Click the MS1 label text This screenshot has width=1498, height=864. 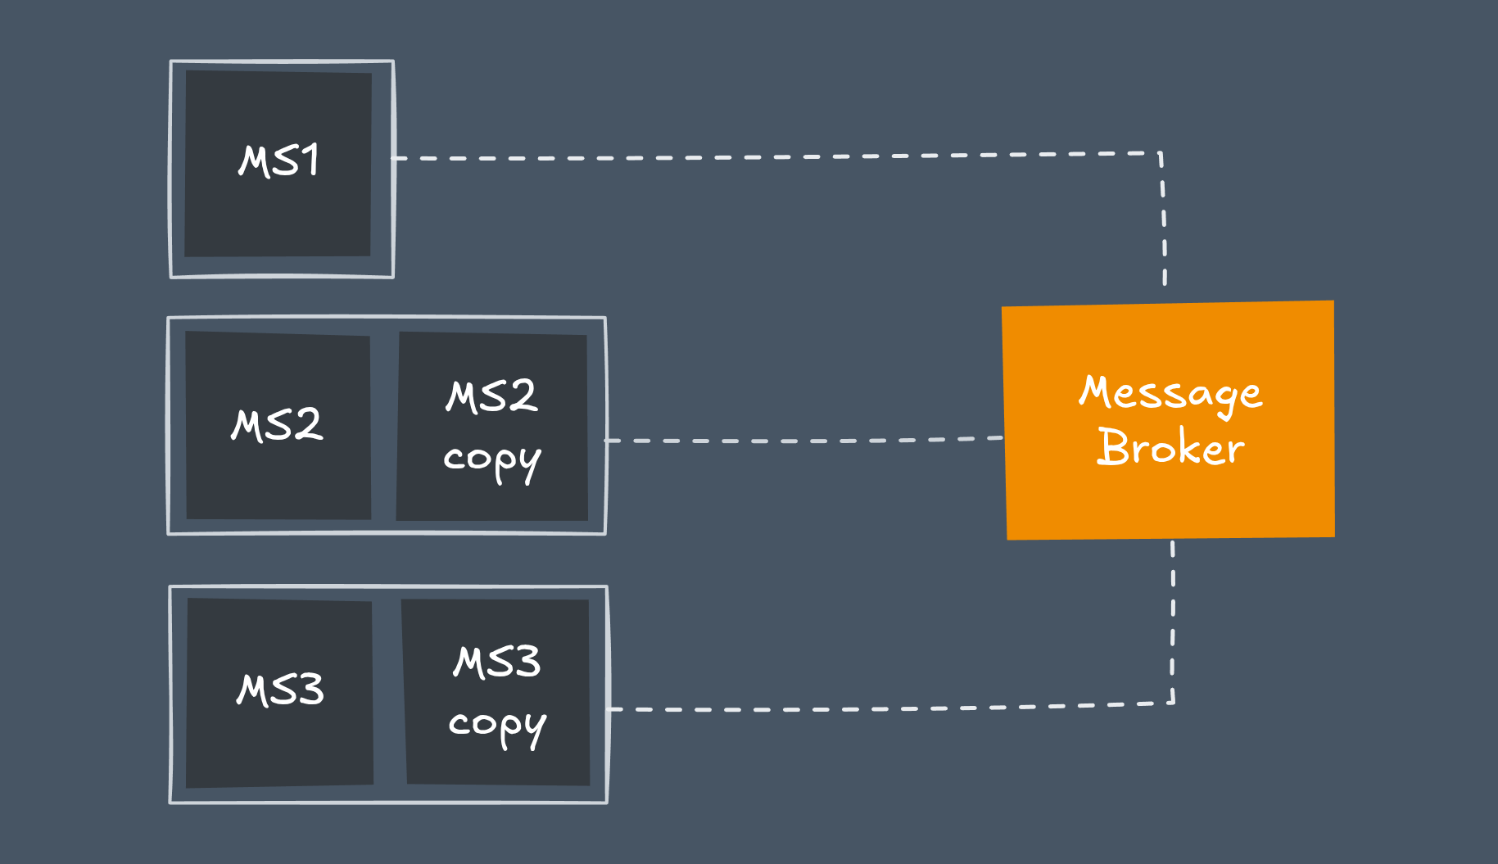click(x=278, y=161)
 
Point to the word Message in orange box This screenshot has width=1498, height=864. click(x=1170, y=394)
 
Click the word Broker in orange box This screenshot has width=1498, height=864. click(x=1170, y=448)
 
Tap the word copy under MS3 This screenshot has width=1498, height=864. click(x=497, y=726)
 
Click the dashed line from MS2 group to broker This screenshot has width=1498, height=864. click(x=803, y=441)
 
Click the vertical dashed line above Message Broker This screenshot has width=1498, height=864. click(x=1164, y=221)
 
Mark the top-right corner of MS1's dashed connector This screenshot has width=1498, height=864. click(x=1161, y=153)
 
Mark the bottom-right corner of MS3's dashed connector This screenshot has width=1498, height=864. click(x=1174, y=703)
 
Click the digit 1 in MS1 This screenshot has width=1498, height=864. click(x=310, y=160)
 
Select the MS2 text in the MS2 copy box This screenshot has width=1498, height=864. click(x=491, y=396)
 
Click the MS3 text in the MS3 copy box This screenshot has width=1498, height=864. click(x=497, y=662)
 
